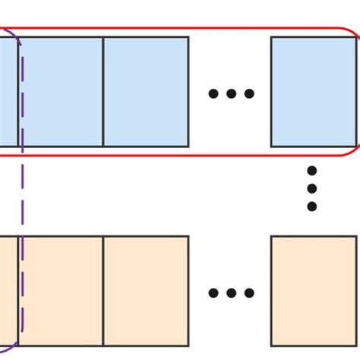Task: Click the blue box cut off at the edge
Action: point(8,91)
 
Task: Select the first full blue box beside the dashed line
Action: point(61,91)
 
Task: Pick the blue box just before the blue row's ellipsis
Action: point(146,91)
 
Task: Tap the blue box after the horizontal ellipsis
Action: point(313,91)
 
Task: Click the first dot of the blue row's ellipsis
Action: point(213,94)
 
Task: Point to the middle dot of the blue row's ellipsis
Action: point(231,94)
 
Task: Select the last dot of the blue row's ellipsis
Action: point(249,94)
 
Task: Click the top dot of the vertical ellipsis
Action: point(311,170)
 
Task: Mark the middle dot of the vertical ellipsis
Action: point(311,188)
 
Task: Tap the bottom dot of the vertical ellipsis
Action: point(311,206)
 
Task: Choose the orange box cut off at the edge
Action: point(8,290)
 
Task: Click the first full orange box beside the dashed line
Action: point(61,290)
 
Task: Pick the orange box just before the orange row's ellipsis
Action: point(146,290)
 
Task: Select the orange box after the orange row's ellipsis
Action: point(313,290)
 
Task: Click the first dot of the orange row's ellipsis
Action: point(213,293)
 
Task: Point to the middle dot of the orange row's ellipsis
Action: point(231,293)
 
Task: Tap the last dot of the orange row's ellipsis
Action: point(249,293)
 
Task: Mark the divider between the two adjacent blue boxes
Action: point(103,91)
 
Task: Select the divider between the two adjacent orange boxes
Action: point(103,290)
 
